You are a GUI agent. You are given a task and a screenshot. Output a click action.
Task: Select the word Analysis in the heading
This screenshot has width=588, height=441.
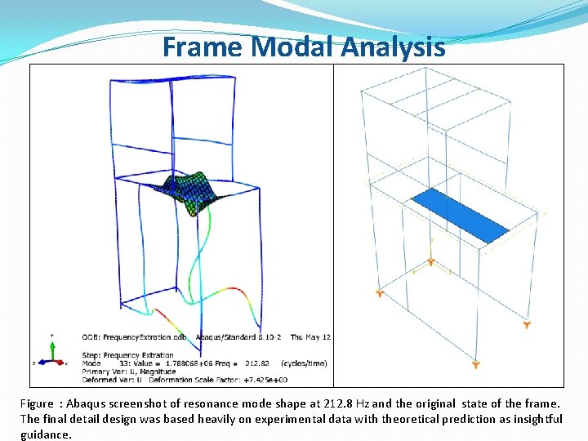click(x=394, y=47)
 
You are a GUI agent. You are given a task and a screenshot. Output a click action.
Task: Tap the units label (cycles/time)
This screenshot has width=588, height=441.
click(x=303, y=363)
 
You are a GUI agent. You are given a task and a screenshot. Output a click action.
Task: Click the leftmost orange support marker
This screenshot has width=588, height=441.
click(x=380, y=292)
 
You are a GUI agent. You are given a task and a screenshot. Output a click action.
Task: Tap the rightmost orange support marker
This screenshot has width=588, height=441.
click(x=527, y=325)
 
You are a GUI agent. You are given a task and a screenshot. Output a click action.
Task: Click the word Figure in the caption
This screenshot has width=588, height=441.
click(x=38, y=403)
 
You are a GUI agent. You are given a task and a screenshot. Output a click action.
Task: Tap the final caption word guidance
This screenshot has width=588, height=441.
click(x=47, y=434)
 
